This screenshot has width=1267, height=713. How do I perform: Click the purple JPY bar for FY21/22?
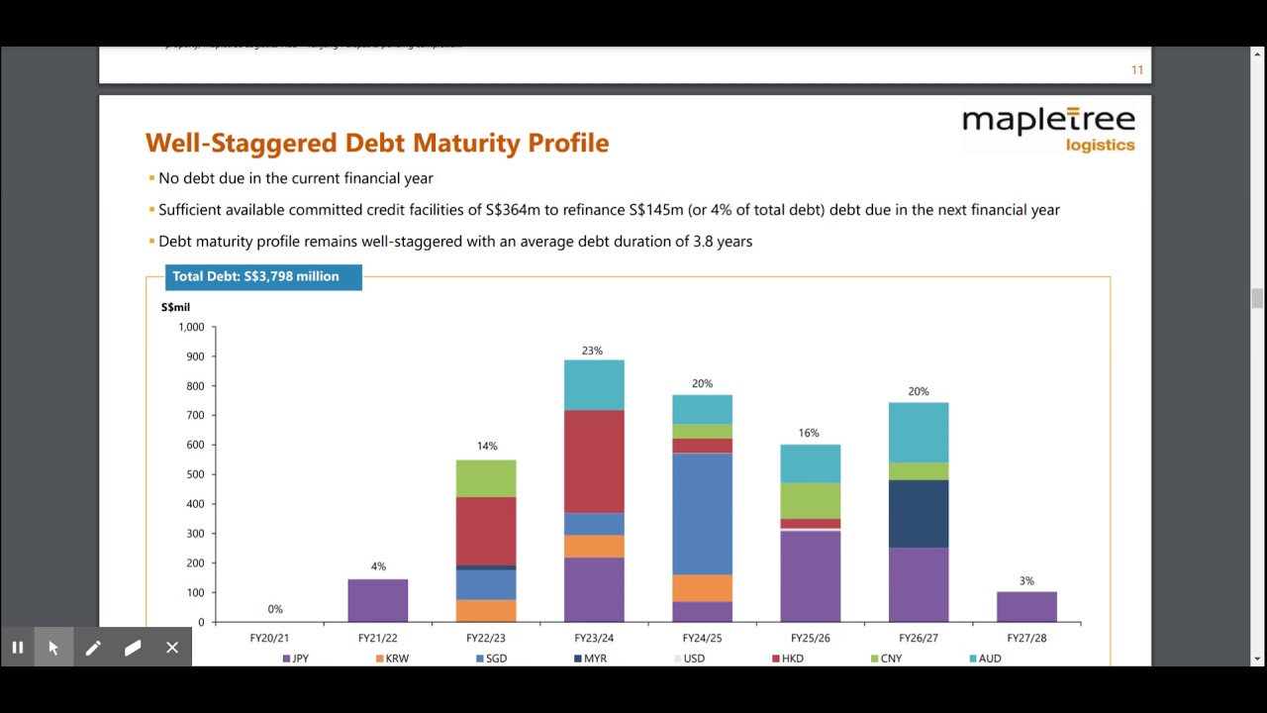pos(378,600)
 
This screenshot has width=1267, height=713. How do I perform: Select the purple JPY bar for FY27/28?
pos(1026,606)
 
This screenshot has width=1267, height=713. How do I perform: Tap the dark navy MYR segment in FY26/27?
pos(919,514)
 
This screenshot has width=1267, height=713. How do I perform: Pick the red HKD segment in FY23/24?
pos(594,461)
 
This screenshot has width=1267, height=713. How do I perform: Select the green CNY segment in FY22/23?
pos(486,478)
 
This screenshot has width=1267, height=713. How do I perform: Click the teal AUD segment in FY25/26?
pos(810,463)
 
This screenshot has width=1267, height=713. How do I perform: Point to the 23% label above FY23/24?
pos(592,351)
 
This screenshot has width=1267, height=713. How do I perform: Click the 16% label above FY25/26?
pos(809,433)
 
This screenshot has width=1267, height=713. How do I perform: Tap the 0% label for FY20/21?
pos(275,609)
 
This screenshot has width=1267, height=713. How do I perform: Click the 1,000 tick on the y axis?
pos(191,327)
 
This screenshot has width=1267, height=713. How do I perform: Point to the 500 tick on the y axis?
pos(194,474)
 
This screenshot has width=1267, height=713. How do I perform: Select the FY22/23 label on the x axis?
pos(486,639)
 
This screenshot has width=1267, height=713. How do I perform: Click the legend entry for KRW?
pos(392,659)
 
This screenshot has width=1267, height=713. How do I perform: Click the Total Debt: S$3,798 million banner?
pos(254,277)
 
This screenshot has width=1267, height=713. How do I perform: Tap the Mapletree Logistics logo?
pos(1048,130)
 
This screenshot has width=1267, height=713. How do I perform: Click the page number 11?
pos(1137,69)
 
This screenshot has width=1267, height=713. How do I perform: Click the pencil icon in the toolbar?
pos(93,648)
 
